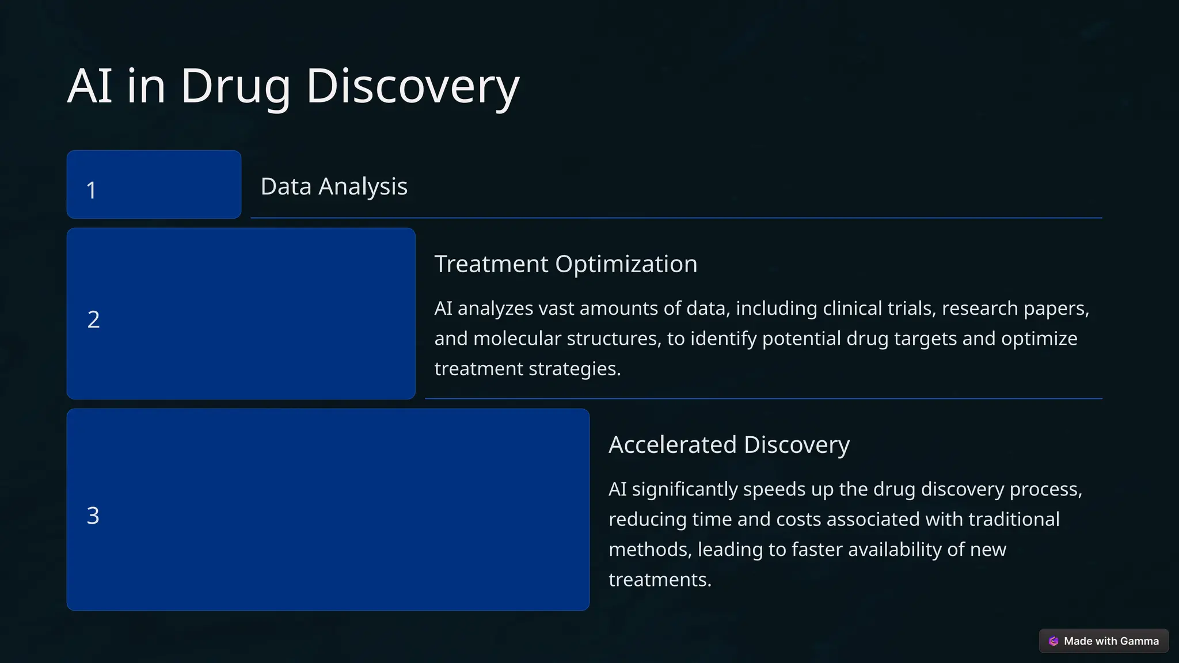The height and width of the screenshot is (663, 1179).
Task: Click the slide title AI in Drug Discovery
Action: click(293, 86)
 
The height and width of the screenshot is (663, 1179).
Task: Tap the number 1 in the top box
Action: click(91, 190)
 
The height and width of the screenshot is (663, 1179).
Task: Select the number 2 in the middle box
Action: click(93, 319)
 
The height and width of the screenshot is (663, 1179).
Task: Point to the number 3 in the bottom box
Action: click(93, 516)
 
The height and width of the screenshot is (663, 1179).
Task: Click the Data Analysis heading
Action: click(334, 186)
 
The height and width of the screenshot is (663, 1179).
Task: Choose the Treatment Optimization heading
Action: click(565, 264)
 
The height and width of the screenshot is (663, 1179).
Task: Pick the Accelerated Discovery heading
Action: click(729, 445)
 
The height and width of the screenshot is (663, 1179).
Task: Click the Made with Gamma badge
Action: click(1104, 641)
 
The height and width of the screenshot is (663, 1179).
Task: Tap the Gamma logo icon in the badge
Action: click(1054, 641)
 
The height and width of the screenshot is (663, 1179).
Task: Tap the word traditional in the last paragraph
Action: click(1014, 520)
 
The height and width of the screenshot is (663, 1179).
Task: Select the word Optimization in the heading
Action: click(626, 264)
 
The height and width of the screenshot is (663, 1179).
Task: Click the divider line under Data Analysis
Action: click(676, 218)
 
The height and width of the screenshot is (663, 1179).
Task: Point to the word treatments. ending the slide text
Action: click(660, 580)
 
